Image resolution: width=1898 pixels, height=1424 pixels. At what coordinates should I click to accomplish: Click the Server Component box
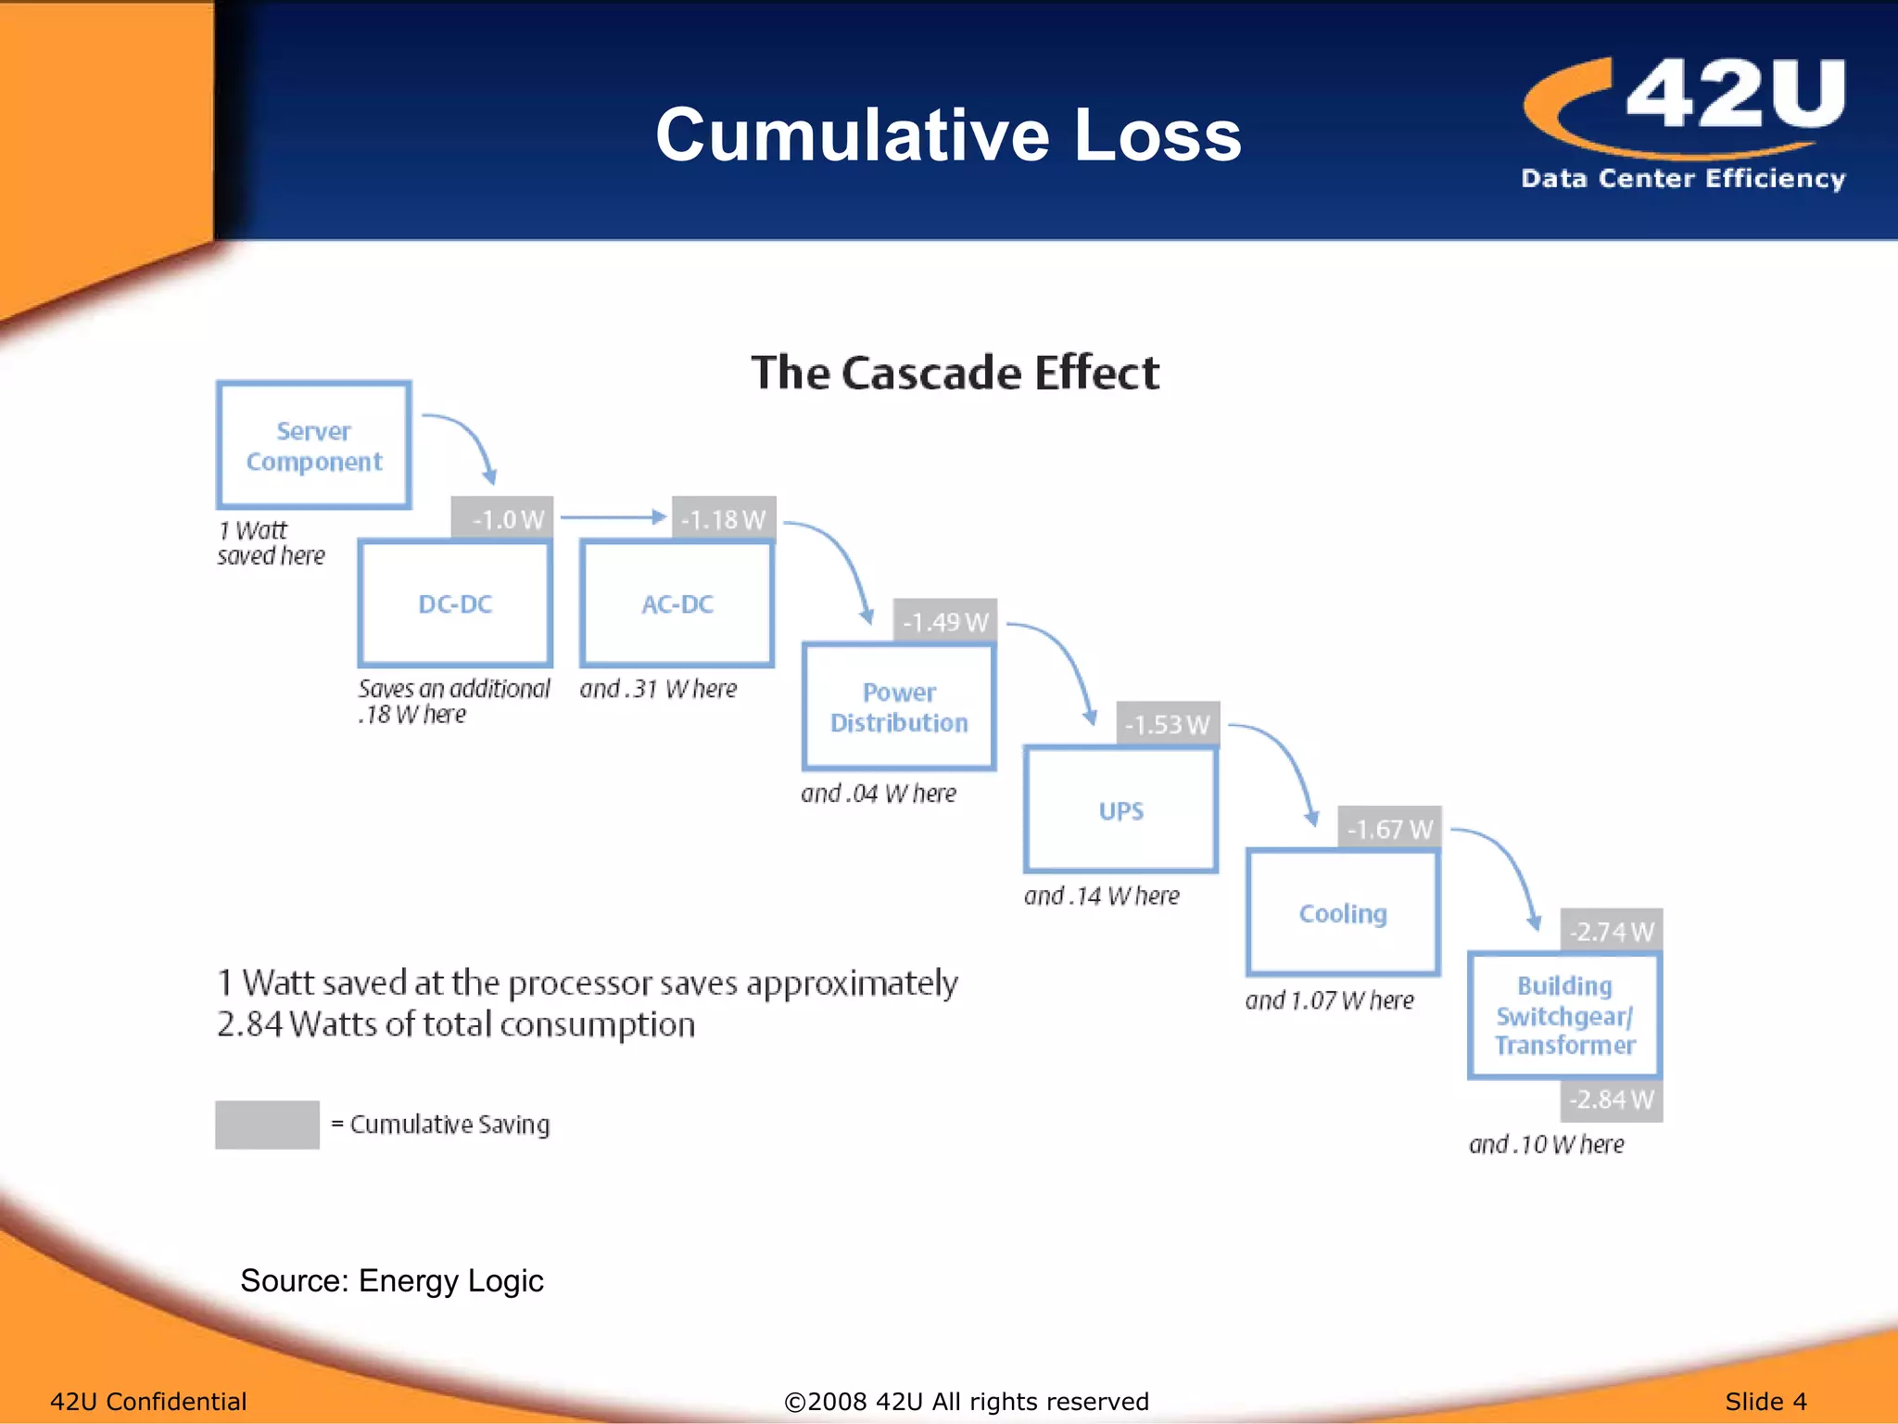313,445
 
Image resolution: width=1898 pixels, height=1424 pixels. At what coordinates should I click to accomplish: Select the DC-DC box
455,604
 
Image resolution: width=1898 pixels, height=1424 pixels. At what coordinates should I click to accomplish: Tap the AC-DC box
677,604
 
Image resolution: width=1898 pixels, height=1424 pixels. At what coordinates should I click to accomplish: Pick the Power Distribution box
899,706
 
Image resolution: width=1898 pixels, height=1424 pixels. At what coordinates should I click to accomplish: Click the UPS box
1120,810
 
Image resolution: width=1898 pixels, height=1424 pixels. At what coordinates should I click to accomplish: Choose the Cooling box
1343,913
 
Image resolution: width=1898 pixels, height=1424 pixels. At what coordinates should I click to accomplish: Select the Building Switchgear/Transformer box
1564,1015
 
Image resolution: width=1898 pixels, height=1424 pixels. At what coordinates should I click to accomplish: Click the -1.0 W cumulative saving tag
502,518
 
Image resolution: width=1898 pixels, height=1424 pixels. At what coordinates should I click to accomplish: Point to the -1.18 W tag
724,518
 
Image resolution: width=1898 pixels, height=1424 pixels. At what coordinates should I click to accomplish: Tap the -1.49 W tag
945,621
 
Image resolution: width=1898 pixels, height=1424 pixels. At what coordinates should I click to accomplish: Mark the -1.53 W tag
1168,724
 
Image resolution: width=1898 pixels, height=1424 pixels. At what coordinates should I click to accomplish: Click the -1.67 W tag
1389,828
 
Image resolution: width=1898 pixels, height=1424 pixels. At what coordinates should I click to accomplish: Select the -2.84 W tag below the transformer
1612,1100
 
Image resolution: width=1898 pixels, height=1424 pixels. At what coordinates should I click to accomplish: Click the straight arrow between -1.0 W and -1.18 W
613,517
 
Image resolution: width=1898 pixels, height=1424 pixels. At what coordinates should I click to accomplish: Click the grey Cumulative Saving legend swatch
267,1125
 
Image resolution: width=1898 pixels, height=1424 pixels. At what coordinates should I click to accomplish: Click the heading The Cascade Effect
955,373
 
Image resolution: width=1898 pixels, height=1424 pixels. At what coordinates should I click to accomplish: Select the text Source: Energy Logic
391,1280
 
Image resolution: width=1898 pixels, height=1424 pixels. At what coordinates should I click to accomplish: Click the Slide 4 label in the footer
1765,1401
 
